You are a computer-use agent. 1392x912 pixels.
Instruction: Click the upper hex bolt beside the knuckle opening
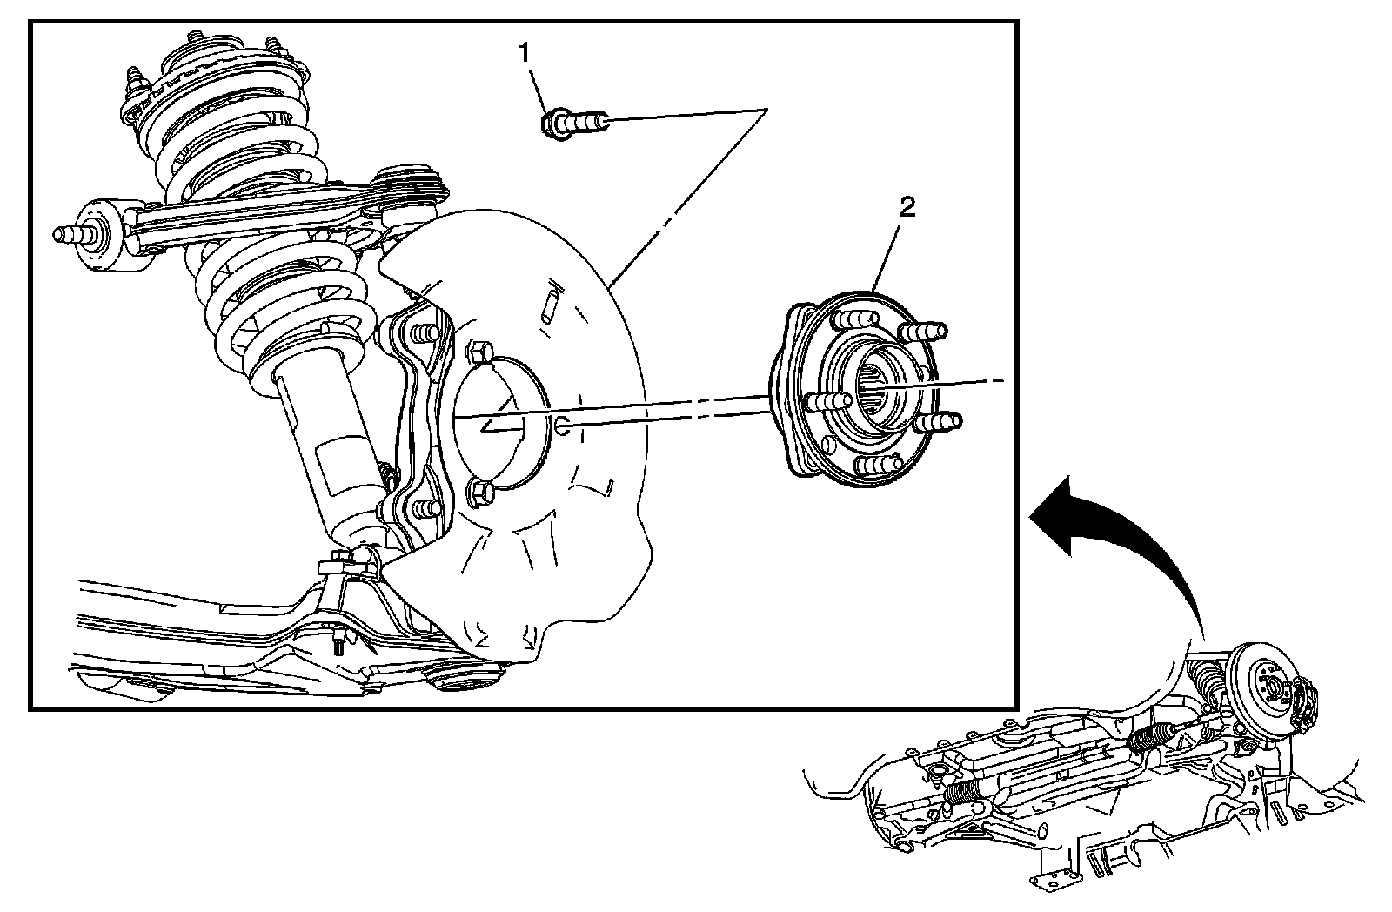click(479, 355)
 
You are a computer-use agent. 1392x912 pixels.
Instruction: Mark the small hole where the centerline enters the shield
click(563, 426)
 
